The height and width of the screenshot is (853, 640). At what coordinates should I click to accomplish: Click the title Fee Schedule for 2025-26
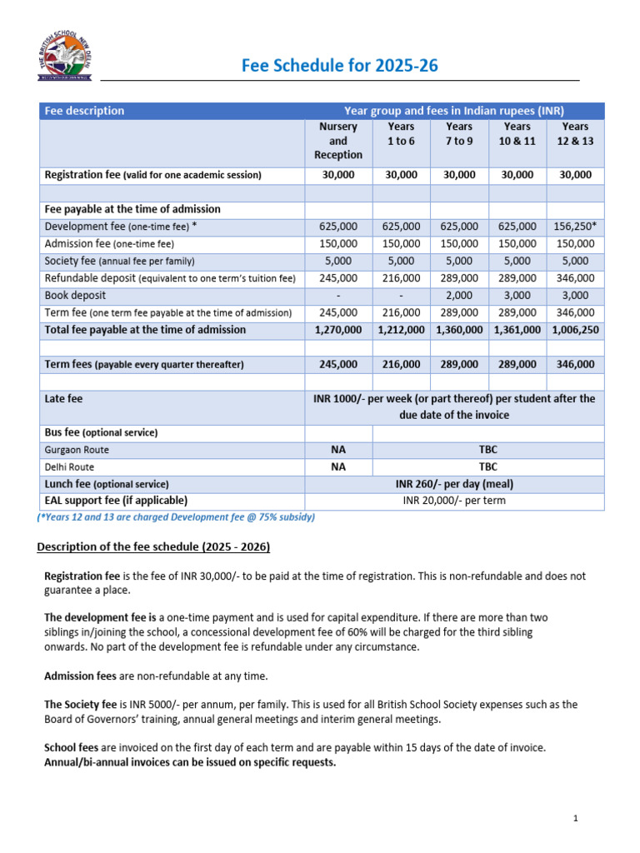click(x=339, y=66)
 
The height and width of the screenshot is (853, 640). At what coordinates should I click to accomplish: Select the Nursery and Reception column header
click(x=338, y=141)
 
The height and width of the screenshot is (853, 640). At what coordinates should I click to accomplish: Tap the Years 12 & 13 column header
click(x=575, y=133)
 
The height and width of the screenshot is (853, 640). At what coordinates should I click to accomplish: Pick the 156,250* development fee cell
click(x=575, y=227)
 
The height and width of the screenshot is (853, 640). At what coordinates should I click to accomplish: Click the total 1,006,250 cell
click(x=575, y=330)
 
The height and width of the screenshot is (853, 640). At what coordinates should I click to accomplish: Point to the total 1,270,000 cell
click(x=338, y=330)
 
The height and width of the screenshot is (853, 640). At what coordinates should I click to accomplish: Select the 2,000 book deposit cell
click(x=459, y=296)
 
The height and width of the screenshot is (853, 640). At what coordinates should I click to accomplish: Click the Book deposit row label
click(x=75, y=296)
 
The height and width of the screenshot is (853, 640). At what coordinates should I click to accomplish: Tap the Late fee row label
click(x=63, y=399)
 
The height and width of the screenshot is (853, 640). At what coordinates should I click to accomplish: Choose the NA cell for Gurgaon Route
click(x=338, y=450)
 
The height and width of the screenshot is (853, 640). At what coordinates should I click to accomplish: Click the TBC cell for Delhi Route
click(x=487, y=467)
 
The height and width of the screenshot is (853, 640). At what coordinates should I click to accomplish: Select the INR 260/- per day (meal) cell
click(x=454, y=484)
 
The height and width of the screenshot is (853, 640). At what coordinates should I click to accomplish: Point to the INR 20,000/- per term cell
click(x=454, y=501)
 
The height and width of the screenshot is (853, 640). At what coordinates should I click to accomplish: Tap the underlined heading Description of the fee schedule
click(x=153, y=546)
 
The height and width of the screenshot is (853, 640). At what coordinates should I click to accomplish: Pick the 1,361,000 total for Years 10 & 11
click(x=517, y=330)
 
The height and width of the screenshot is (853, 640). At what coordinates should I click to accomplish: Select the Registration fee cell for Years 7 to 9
click(x=459, y=175)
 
